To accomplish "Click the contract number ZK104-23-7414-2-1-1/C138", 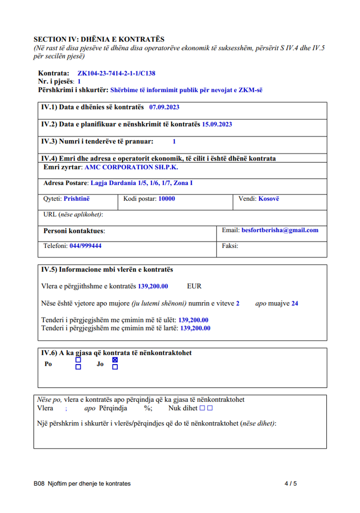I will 116,73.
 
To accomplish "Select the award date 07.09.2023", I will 164,107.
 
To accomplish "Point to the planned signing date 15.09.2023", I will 217,124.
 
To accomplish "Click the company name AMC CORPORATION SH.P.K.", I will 131,167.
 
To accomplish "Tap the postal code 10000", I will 166,199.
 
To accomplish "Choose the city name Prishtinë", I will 76,199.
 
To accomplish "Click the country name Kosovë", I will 269,199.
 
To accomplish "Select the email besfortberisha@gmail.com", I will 280,230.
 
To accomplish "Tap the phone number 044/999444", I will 85,246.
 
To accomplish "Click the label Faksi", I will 230,246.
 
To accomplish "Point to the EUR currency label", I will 194,286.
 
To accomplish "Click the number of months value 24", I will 295,304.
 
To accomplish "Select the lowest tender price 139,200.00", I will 193,320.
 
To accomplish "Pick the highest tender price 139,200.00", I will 195,328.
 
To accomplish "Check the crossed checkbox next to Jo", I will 115,360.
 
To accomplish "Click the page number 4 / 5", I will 290,484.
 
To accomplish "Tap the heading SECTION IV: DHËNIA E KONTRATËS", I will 99,39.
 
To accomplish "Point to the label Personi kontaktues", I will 74,231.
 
